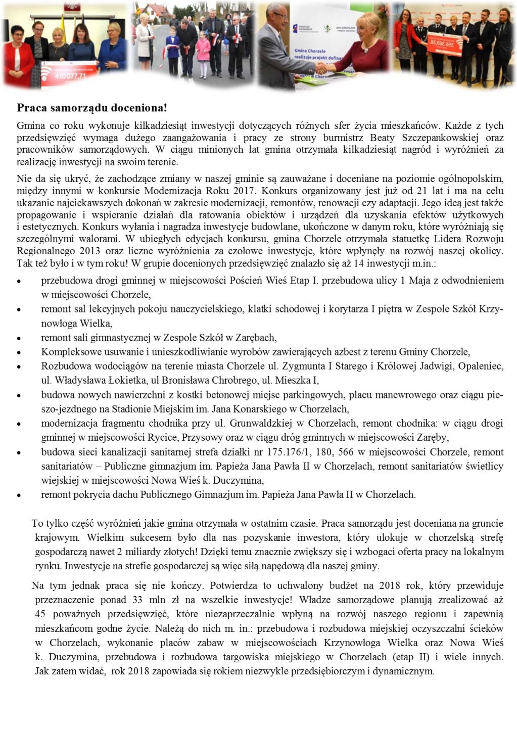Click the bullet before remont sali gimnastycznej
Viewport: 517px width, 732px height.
19,338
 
